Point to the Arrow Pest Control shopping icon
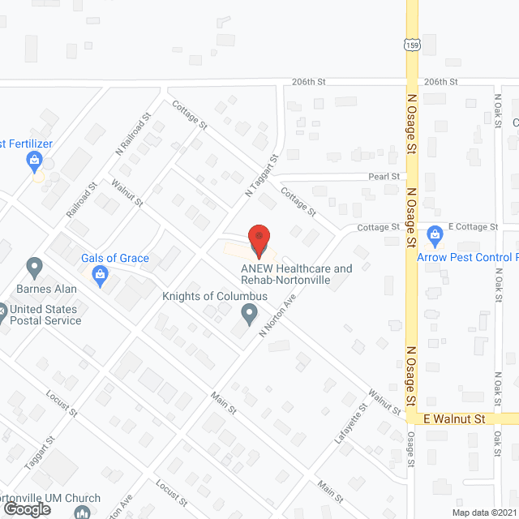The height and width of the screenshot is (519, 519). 435,236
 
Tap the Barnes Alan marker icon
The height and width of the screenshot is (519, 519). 34,266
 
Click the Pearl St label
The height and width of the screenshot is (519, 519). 384,176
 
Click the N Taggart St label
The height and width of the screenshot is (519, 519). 262,178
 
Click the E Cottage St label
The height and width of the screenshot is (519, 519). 473,227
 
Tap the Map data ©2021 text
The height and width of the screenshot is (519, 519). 483,513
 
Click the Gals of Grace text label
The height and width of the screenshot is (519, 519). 114,259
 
